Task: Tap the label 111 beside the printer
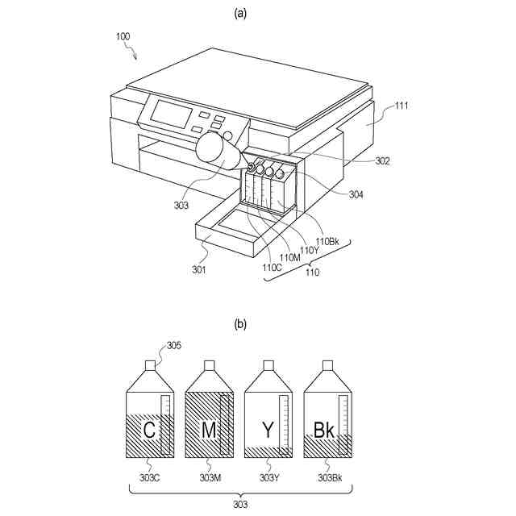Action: tap(401, 105)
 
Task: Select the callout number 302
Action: tap(382, 161)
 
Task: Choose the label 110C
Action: tap(272, 267)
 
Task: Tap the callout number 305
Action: tap(173, 346)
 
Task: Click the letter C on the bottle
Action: tap(150, 431)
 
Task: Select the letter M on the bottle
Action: tap(209, 431)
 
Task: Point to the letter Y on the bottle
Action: tap(268, 431)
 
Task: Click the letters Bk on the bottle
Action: tap(324, 431)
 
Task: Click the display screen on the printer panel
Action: tap(170, 114)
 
